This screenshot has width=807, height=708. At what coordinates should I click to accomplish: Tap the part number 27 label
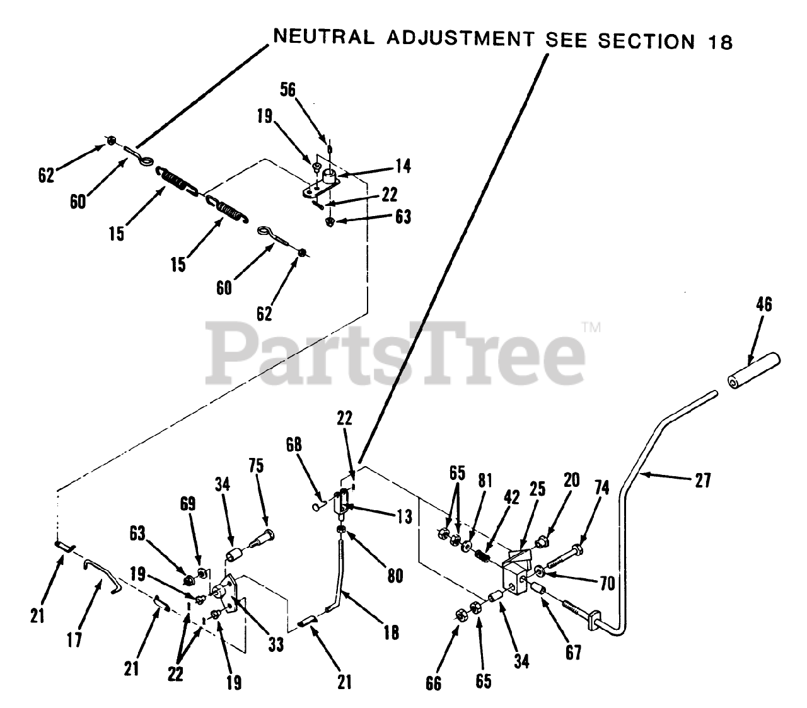(702, 481)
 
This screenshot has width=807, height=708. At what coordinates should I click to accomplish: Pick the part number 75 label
(256, 466)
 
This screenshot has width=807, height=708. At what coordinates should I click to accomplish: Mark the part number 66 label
(434, 683)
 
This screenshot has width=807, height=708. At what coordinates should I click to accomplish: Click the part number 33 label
(275, 644)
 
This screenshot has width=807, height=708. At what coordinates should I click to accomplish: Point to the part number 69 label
(188, 504)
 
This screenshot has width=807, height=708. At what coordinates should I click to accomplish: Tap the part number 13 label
(405, 517)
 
